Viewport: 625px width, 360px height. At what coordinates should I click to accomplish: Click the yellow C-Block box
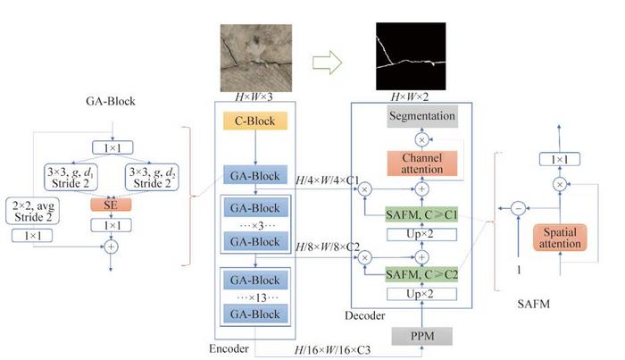pyautogui.click(x=256, y=121)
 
